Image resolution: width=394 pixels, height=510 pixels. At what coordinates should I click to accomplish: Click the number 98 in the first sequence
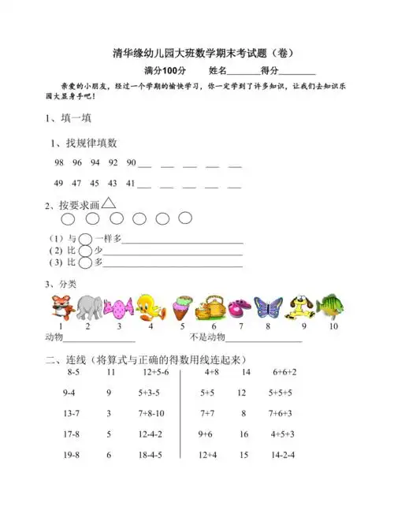(59, 162)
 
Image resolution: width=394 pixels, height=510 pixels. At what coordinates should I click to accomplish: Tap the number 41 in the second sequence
(132, 183)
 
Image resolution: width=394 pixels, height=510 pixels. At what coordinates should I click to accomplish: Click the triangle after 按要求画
(109, 203)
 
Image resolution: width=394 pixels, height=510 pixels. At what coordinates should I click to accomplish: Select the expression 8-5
(73, 371)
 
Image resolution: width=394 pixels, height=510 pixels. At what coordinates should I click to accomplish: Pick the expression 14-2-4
(283, 455)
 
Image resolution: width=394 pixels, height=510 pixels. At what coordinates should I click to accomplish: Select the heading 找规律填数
(91, 143)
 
